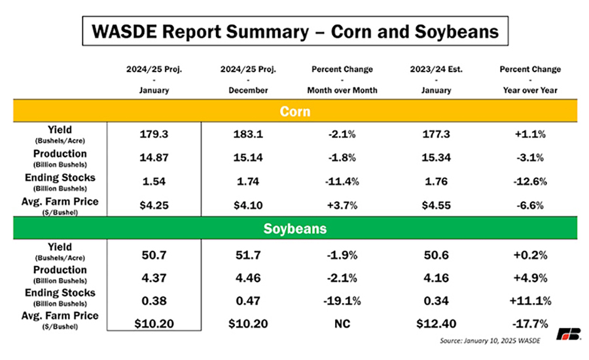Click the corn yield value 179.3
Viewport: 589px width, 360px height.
point(154,134)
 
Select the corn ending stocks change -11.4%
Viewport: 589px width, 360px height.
point(342,181)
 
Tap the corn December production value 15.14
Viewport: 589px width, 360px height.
point(248,158)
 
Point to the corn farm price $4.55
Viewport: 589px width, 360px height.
point(436,206)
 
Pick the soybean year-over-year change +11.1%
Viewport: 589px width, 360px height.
point(530,301)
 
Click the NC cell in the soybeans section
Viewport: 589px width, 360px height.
point(342,324)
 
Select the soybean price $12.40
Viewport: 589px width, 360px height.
point(436,324)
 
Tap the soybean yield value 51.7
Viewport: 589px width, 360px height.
point(248,255)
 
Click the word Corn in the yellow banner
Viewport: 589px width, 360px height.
point(295,112)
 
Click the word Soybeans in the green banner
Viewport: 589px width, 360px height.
point(295,228)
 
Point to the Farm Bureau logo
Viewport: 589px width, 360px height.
point(568,334)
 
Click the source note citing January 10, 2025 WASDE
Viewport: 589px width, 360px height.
point(490,341)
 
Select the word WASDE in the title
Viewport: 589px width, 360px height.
point(124,31)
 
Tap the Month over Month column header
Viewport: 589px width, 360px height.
point(342,90)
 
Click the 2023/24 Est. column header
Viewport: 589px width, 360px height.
point(436,69)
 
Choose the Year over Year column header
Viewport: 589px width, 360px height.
point(530,90)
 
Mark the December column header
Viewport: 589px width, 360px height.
point(248,90)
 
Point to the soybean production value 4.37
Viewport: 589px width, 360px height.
point(154,278)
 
